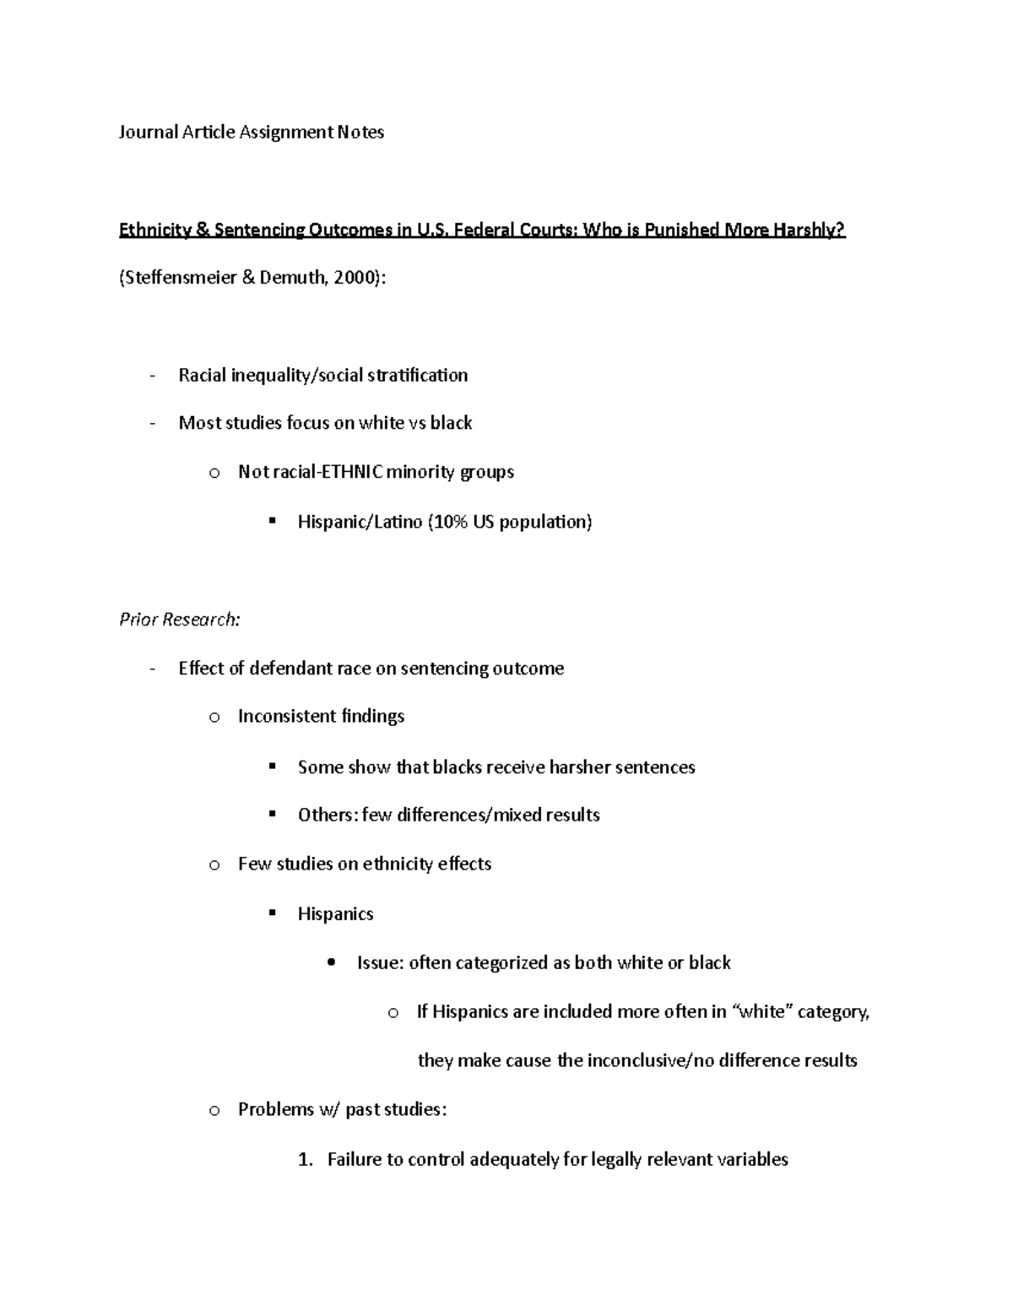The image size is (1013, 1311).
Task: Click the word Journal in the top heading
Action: pyautogui.click(x=149, y=133)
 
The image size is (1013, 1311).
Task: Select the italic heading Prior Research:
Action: pyautogui.click(x=180, y=620)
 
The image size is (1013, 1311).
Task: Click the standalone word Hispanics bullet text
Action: pyautogui.click(x=335, y=914)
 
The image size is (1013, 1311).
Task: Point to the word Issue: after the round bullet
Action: pyautogui.click(x=380, y=963)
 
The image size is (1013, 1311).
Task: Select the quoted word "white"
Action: pyautogui.click(x=761, y=1012)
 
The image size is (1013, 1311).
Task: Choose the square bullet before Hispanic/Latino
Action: pyautogui.click(x=272, y=522)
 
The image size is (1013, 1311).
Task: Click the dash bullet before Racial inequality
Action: pyautogui.click(x=152, y=376)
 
